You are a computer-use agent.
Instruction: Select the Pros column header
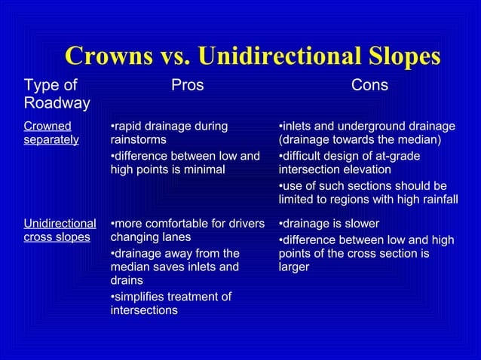click(187, 86)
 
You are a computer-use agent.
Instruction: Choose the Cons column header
click(369, 86)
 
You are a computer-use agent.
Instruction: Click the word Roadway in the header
click(57, 103)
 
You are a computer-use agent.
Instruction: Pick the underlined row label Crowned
click(47, 126)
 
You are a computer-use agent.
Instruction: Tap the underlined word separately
click(51, 139)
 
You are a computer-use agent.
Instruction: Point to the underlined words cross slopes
click(57, 237)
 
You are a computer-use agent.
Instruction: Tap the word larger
click(293, 267)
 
